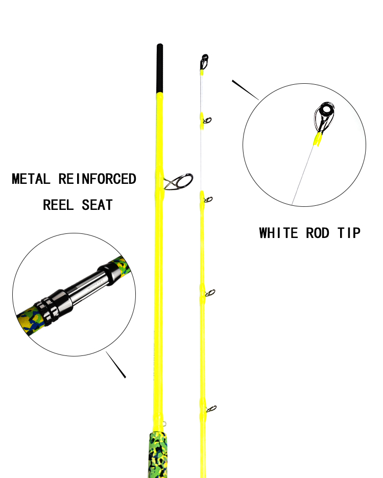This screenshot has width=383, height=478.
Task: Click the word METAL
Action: pos(31,179)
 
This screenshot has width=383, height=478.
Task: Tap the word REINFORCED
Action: pos(97,179)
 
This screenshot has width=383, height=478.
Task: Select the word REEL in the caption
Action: pos(58,205)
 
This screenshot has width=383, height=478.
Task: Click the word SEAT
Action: pos(97,205)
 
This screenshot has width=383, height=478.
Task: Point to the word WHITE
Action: pos(278,233)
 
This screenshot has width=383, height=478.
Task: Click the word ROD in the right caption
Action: pos(318,233)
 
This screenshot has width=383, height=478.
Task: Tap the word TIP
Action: pos(349,233)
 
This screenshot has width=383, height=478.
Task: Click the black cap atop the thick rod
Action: pos(159,68)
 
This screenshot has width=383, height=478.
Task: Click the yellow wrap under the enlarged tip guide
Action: pos(318,139)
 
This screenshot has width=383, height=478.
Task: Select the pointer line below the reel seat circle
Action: pos(116,365)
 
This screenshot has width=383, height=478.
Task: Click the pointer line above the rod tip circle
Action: pos(245,90)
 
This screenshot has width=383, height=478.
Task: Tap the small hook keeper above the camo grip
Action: pos(164,423)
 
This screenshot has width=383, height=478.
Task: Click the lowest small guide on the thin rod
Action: pos(211,409)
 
